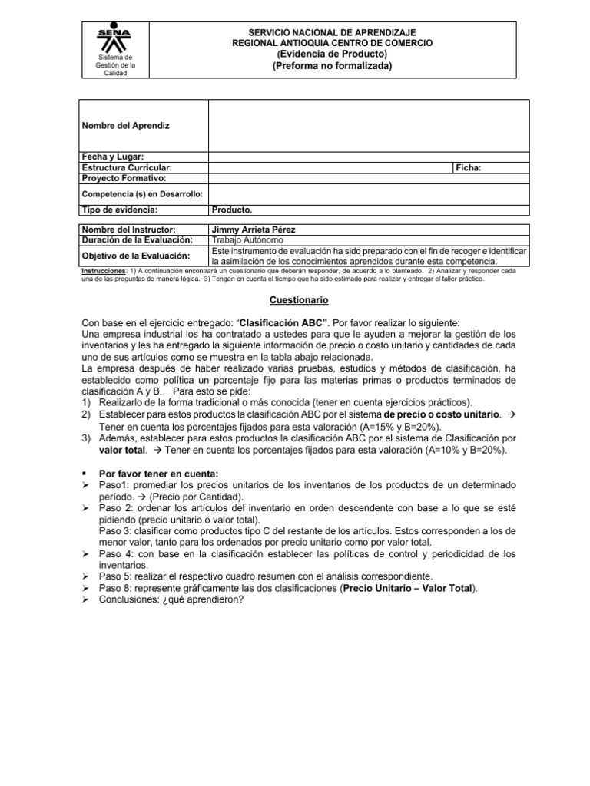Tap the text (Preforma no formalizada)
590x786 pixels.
[x=332, y=66]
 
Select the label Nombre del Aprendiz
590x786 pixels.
[x=125, y=125]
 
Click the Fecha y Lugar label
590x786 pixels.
[x=113, y=157]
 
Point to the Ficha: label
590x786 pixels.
[x=468, y=167]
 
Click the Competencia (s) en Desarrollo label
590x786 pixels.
[x=141, y=195]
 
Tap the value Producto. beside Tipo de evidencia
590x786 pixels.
[x=231, y=210]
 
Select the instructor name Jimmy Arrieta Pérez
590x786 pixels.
[x=254, y=230]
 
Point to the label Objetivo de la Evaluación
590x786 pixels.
[x=135, y=256]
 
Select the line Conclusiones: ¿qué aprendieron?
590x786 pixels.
[x=171, y=599]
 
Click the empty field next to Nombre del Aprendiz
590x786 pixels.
[x=369, y=125]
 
